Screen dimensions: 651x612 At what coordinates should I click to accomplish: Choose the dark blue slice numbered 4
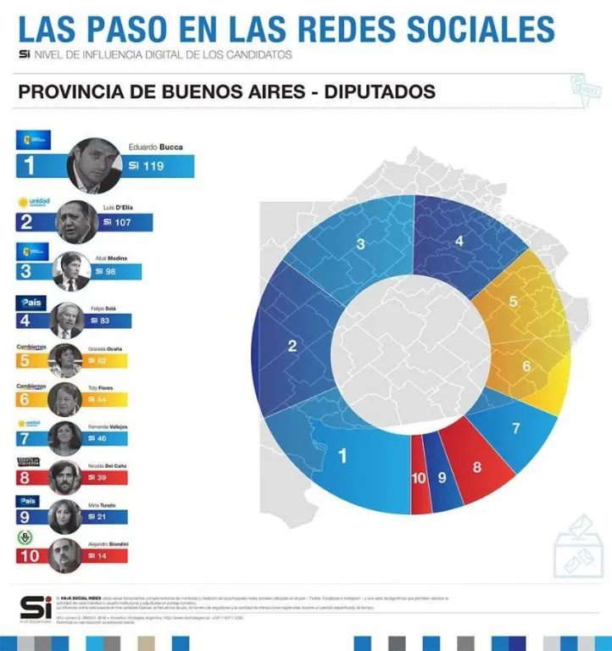pyautogui.click(x=459, y=242)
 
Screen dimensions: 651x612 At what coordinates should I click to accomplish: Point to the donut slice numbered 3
pyautogui.click(x=361, y=246)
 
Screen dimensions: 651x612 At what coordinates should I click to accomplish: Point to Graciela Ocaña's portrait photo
pyautogui.click(x=66, y=359)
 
